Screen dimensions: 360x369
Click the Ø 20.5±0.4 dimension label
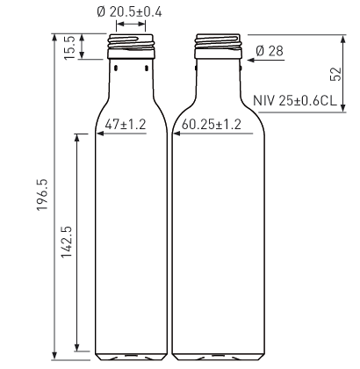[129, 12]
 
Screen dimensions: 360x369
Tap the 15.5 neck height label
[70, 47]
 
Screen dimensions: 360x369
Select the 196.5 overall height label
[42, 194]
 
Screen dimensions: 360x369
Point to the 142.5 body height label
[67, 242]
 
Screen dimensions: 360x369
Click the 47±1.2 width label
[126, 125]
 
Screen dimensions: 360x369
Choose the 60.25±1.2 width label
[212, 125]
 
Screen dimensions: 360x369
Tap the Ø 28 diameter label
[270, 51]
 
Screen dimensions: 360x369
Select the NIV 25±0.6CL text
[295, 101]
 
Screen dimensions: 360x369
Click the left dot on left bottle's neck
[116, 69]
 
